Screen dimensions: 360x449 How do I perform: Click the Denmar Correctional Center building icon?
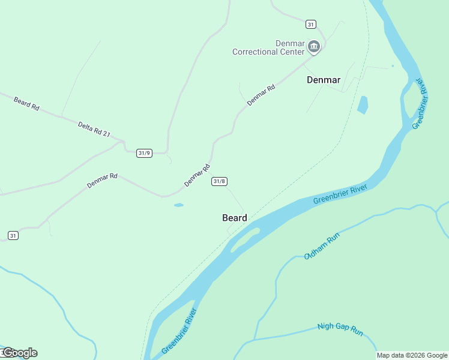[x=313, y=46]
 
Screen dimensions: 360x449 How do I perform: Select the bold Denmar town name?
[x=324, y=79]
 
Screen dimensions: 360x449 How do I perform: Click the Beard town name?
[x=235, y=218]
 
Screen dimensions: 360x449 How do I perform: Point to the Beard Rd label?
[x=26, y=103]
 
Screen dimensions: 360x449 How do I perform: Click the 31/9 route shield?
[x=144, y=153]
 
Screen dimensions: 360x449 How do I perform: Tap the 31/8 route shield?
[x=219, y=181]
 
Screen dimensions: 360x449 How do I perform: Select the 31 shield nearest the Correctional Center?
[x=310, y=24]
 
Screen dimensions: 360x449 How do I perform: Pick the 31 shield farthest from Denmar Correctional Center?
[x=13, y=236]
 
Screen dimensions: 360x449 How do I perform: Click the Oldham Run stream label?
[x=322, y=246]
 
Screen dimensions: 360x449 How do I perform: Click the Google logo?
[x=19, y=353]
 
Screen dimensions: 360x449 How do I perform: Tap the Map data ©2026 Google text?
[x=412, y=355]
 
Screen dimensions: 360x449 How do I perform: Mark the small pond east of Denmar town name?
[x=363, y=104]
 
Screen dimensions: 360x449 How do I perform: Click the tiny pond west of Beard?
[x=179, y=205]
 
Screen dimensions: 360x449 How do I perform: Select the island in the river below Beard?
[x=246, y=238]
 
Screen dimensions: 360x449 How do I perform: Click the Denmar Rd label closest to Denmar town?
[x=261, y=95]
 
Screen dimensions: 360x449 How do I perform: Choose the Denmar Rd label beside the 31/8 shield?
[x=197, y=175]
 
